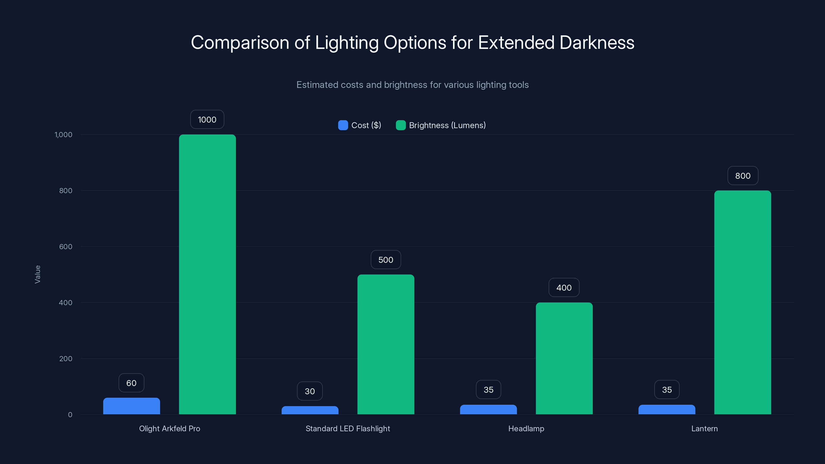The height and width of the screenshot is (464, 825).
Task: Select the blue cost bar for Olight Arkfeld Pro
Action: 131,406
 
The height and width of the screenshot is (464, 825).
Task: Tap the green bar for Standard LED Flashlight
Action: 386,344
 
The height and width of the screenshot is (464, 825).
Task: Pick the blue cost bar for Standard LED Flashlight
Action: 310,410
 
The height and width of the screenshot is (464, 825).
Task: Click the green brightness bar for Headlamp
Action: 564,358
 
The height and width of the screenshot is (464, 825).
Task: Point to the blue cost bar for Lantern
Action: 666,410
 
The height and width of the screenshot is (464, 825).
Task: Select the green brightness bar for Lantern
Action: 742,302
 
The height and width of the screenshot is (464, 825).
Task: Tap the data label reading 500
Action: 386,260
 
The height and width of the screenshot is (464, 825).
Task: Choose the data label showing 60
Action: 131,383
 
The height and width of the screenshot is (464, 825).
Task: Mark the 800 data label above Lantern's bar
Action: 742,176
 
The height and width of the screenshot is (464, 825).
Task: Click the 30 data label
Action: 310,391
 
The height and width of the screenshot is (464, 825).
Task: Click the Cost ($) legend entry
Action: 360,125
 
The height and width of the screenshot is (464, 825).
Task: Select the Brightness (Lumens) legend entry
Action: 441,125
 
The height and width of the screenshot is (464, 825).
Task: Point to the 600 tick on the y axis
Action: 66,247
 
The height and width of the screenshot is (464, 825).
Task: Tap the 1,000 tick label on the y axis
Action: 63,135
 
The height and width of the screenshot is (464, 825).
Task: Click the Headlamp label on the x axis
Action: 526,428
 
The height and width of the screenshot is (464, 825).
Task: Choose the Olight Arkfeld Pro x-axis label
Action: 169,428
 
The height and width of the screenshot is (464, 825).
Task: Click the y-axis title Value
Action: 37,274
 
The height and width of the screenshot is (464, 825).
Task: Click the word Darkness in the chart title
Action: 597,43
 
